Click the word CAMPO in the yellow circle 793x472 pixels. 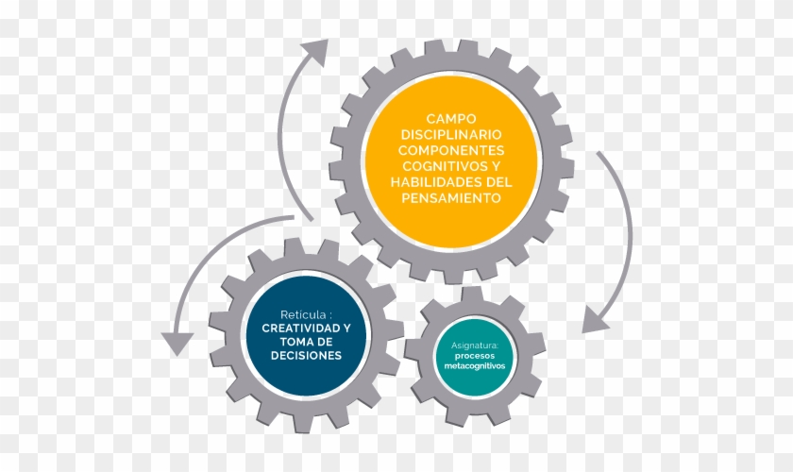click(x=451, y=118)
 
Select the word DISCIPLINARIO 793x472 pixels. click(x=451, y=135)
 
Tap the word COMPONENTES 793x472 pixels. click(x=451, y=150)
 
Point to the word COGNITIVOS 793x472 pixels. click(x=438, y=166)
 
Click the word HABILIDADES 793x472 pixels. click(x=436, y=181)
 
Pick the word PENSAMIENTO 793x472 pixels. click(x=451, y=198)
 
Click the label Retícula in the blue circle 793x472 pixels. click(x=302, y=314)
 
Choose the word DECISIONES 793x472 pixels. click(x=306, y=356)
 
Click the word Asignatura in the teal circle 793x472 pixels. click(x=473, y=346)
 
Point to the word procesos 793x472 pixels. click(x=474, y=356)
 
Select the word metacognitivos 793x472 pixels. click(x=474, y=365)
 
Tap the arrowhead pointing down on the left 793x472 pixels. click(x=177, y=343)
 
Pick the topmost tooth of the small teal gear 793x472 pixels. click(x=472, y=295)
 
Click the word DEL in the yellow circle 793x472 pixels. click(x=499, y=181)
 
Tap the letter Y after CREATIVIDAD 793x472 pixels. click(x=346, y=329)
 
